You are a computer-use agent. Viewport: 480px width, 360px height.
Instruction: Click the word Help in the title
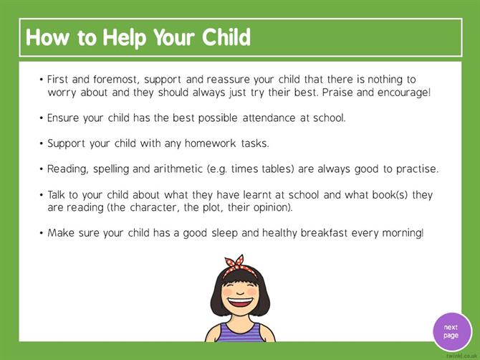125,38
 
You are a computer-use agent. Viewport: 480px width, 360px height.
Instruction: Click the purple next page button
452,331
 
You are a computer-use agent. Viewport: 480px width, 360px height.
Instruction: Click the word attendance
269,118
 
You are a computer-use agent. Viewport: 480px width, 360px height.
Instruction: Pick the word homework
211,143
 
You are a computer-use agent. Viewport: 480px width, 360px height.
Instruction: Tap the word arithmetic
178,169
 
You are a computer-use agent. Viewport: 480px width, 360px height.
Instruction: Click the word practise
417,169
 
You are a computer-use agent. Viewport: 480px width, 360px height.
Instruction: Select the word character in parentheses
154,208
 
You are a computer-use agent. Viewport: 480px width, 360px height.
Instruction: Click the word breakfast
324,233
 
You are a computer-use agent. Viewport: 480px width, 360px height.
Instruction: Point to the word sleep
224,234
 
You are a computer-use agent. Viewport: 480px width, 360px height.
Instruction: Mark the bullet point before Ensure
41,118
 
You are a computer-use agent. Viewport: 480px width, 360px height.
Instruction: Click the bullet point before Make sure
41,233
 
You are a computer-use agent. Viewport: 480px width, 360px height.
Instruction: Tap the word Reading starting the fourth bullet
67,169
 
